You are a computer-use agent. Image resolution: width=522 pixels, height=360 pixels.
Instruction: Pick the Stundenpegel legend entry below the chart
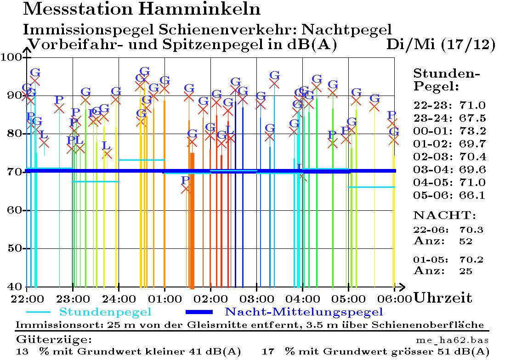pos(105,312)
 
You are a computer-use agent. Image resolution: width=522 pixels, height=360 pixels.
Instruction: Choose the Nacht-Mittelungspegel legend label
pos(304,312)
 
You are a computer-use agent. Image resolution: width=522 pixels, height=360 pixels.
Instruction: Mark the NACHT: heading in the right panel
pos(445,215)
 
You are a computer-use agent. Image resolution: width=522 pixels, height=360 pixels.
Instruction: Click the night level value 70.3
pos(471,230)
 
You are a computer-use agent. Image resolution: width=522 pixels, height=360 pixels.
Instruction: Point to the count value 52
pos(466,241)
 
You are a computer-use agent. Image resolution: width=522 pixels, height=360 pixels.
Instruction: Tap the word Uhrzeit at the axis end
pos(443,298)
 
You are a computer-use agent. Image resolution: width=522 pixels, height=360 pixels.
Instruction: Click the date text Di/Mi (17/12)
pos(441,45)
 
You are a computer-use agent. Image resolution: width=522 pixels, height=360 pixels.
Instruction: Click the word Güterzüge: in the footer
pos(54,340)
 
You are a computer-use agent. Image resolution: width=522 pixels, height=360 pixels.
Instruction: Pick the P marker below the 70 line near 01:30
pos(185,180)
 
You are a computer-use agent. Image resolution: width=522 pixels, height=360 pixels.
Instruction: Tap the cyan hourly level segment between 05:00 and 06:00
pos(371,187)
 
